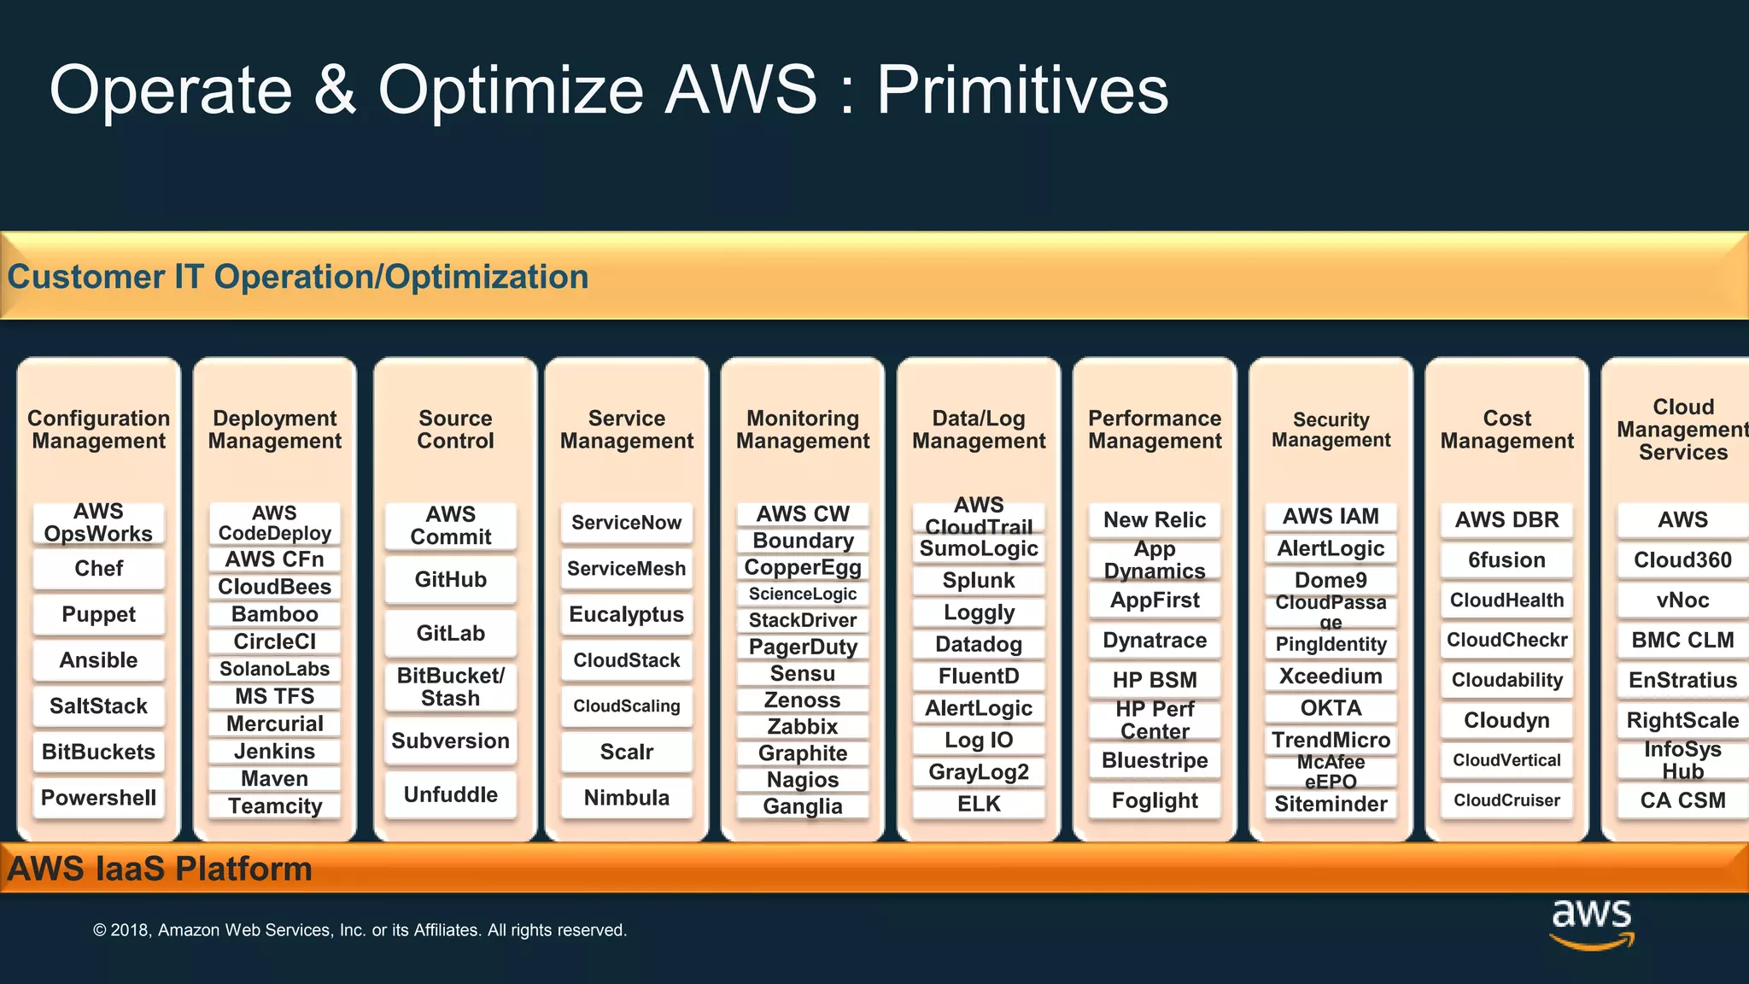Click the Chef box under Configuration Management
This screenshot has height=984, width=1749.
(99, 569)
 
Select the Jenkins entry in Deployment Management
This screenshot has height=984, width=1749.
(275, 752)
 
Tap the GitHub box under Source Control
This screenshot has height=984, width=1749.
(450, 580)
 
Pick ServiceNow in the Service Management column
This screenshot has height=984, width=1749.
(626, 523)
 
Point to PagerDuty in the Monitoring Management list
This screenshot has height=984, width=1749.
(803, 647)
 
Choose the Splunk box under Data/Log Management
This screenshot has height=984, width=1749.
(979, 581)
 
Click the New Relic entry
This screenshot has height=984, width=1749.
(1155, 520)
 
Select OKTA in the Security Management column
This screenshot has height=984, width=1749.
(1331, 708)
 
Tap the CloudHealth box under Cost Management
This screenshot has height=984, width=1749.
(1506, 600)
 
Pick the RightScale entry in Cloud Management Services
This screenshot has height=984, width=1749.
(1682, 720)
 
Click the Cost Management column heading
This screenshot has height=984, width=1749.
(1506, 430)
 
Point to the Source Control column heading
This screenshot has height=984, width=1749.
(455, 430)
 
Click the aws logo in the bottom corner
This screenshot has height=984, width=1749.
(1591, 922)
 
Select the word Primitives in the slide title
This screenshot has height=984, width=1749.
(1022, 90)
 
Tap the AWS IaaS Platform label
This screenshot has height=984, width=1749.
(160, 869)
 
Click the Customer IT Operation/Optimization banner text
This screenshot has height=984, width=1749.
(298, 277)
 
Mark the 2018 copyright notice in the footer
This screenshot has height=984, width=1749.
(360, 930)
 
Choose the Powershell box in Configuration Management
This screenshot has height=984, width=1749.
(99, 798)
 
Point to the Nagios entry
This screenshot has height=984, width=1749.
(803, 780)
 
